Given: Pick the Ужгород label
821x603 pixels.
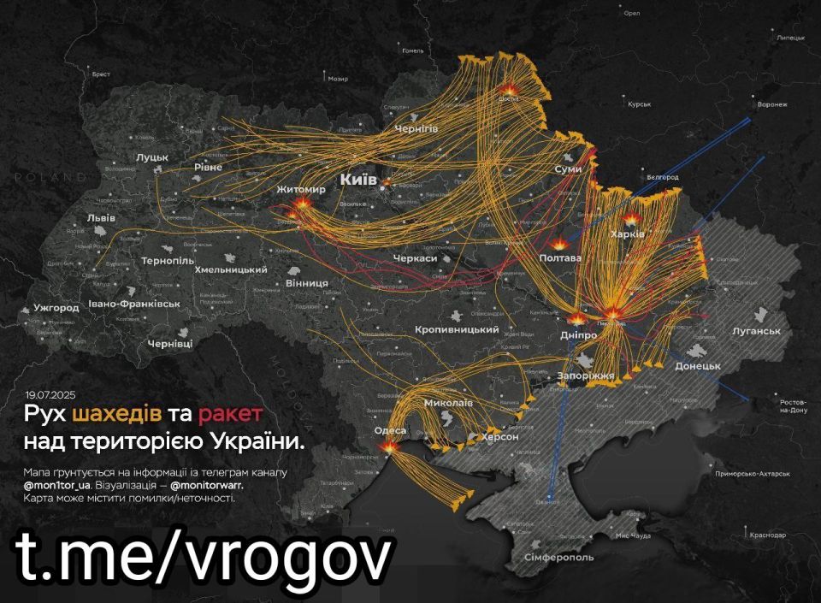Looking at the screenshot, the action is coord(56,308).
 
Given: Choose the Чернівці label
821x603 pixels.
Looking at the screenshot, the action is coord(170,343).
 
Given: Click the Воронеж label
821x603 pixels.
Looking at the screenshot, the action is coord(772,104).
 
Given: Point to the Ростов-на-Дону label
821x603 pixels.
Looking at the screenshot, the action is coord(794,406).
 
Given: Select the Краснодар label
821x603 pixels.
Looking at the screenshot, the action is coord(766,535).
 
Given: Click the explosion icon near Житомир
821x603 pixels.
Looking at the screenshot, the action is coord(302,204).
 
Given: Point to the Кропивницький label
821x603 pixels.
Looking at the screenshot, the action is coord(456,330).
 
